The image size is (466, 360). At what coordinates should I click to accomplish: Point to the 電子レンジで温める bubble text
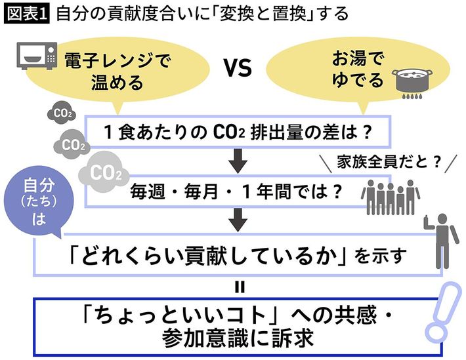coord(116,71)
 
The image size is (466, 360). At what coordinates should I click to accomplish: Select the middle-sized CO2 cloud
coord(75,142)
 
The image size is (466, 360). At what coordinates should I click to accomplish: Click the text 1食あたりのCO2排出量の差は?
coord(239,132)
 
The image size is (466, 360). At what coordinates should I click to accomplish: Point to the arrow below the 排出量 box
coord(239,158)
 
